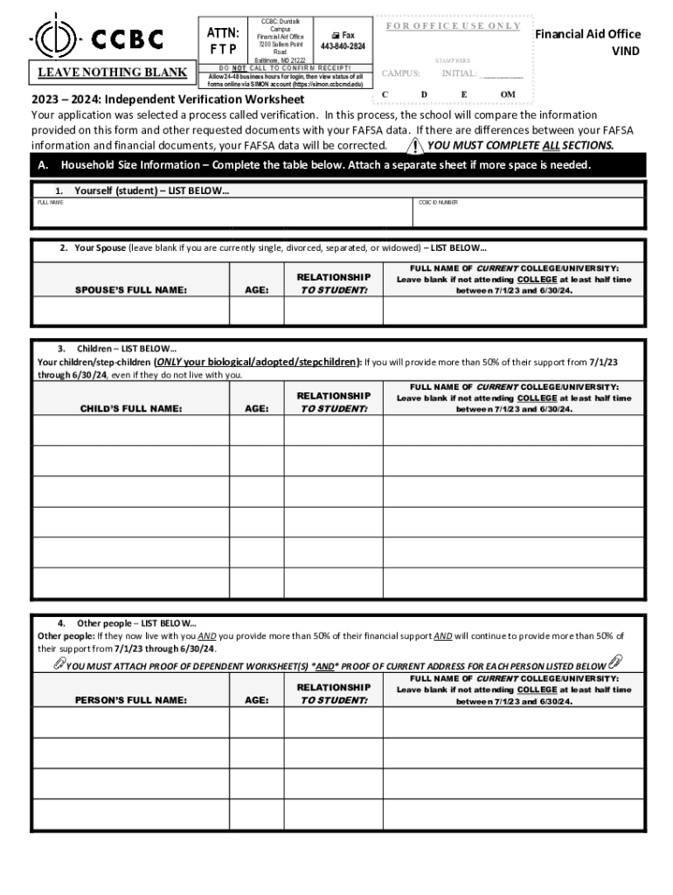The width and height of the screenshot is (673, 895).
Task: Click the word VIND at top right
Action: (x=626, y=52)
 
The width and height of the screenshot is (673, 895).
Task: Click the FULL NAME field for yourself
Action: (x=223, y=216)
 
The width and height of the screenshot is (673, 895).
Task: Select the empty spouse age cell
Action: (x=257, y=310)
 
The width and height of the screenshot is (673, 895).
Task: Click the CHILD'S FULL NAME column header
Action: (x=131, y=408)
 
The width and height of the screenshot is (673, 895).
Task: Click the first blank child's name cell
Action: (x=131, y=431)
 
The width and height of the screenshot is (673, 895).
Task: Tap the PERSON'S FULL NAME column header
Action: (x=131, y=700)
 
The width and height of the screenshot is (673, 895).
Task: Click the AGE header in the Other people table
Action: (x=257, y=700)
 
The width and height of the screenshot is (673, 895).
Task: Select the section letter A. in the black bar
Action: (x=44, y=165)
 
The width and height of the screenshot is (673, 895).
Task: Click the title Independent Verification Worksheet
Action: (x=205, y=101)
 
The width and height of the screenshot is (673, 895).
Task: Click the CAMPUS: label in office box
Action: (x=401, y=73)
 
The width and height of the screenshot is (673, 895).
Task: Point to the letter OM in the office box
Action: (x=508, y=94)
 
